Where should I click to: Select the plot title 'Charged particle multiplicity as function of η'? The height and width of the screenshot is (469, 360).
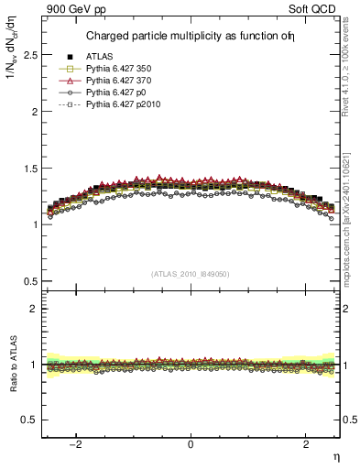coord(190,37)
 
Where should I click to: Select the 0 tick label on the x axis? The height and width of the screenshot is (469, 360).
coord(191,444)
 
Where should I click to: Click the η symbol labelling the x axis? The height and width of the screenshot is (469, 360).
coord(335,455)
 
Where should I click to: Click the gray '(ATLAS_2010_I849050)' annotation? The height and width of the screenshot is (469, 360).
coord(191,274)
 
